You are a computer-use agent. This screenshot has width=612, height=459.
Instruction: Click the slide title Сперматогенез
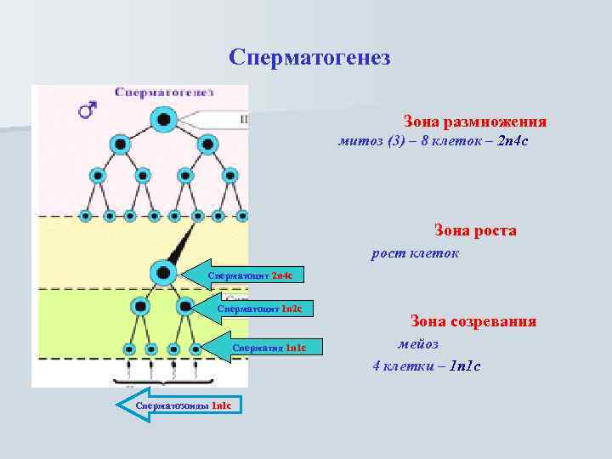pos(309,58)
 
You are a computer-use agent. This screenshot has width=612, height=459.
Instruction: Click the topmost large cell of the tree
pos(163,119)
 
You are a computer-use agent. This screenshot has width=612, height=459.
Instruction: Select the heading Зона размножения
pos(474,122)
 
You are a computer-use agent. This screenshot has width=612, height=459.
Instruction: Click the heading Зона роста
pos(475,230)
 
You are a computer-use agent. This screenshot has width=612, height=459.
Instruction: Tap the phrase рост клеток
pos(416,253)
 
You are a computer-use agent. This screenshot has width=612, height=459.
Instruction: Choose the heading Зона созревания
pos(473,321)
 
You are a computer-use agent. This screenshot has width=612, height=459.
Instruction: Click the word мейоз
pos(418,343)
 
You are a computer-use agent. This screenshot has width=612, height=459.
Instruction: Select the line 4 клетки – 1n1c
pos(427,366)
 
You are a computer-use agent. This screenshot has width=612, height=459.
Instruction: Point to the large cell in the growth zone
pos(161,273)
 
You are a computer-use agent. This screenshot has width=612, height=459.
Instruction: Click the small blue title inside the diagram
pos(164,92)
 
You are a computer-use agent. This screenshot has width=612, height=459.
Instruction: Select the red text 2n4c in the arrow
pos(281,276)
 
